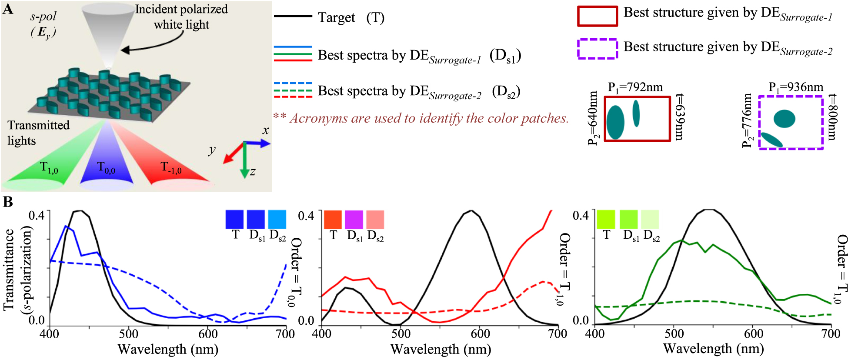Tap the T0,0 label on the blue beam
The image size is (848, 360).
[x=106, y=167]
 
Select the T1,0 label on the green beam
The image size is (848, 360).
[x=48, y=167]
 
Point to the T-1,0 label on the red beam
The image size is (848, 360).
[x=171, y=167]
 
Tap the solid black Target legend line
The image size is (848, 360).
[x=293, y=16]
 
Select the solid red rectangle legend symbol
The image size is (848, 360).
[x=597, y=16]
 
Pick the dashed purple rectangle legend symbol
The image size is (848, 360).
[x=597, y=49]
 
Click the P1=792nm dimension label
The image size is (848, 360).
[x=635, y=88]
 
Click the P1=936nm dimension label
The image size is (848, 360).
[x=795, y=87]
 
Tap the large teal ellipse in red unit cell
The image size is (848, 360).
[x=615, y=122]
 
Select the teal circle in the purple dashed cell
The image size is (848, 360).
[x=784, y=119]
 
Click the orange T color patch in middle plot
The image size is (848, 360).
[x=333, y=220]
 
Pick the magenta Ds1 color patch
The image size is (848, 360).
[x=354, y=220]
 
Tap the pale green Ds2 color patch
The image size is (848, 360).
[x=650, y=220]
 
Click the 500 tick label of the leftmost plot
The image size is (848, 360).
[x=129, y=334]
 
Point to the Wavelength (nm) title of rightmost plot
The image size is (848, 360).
[x=713, y=349]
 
